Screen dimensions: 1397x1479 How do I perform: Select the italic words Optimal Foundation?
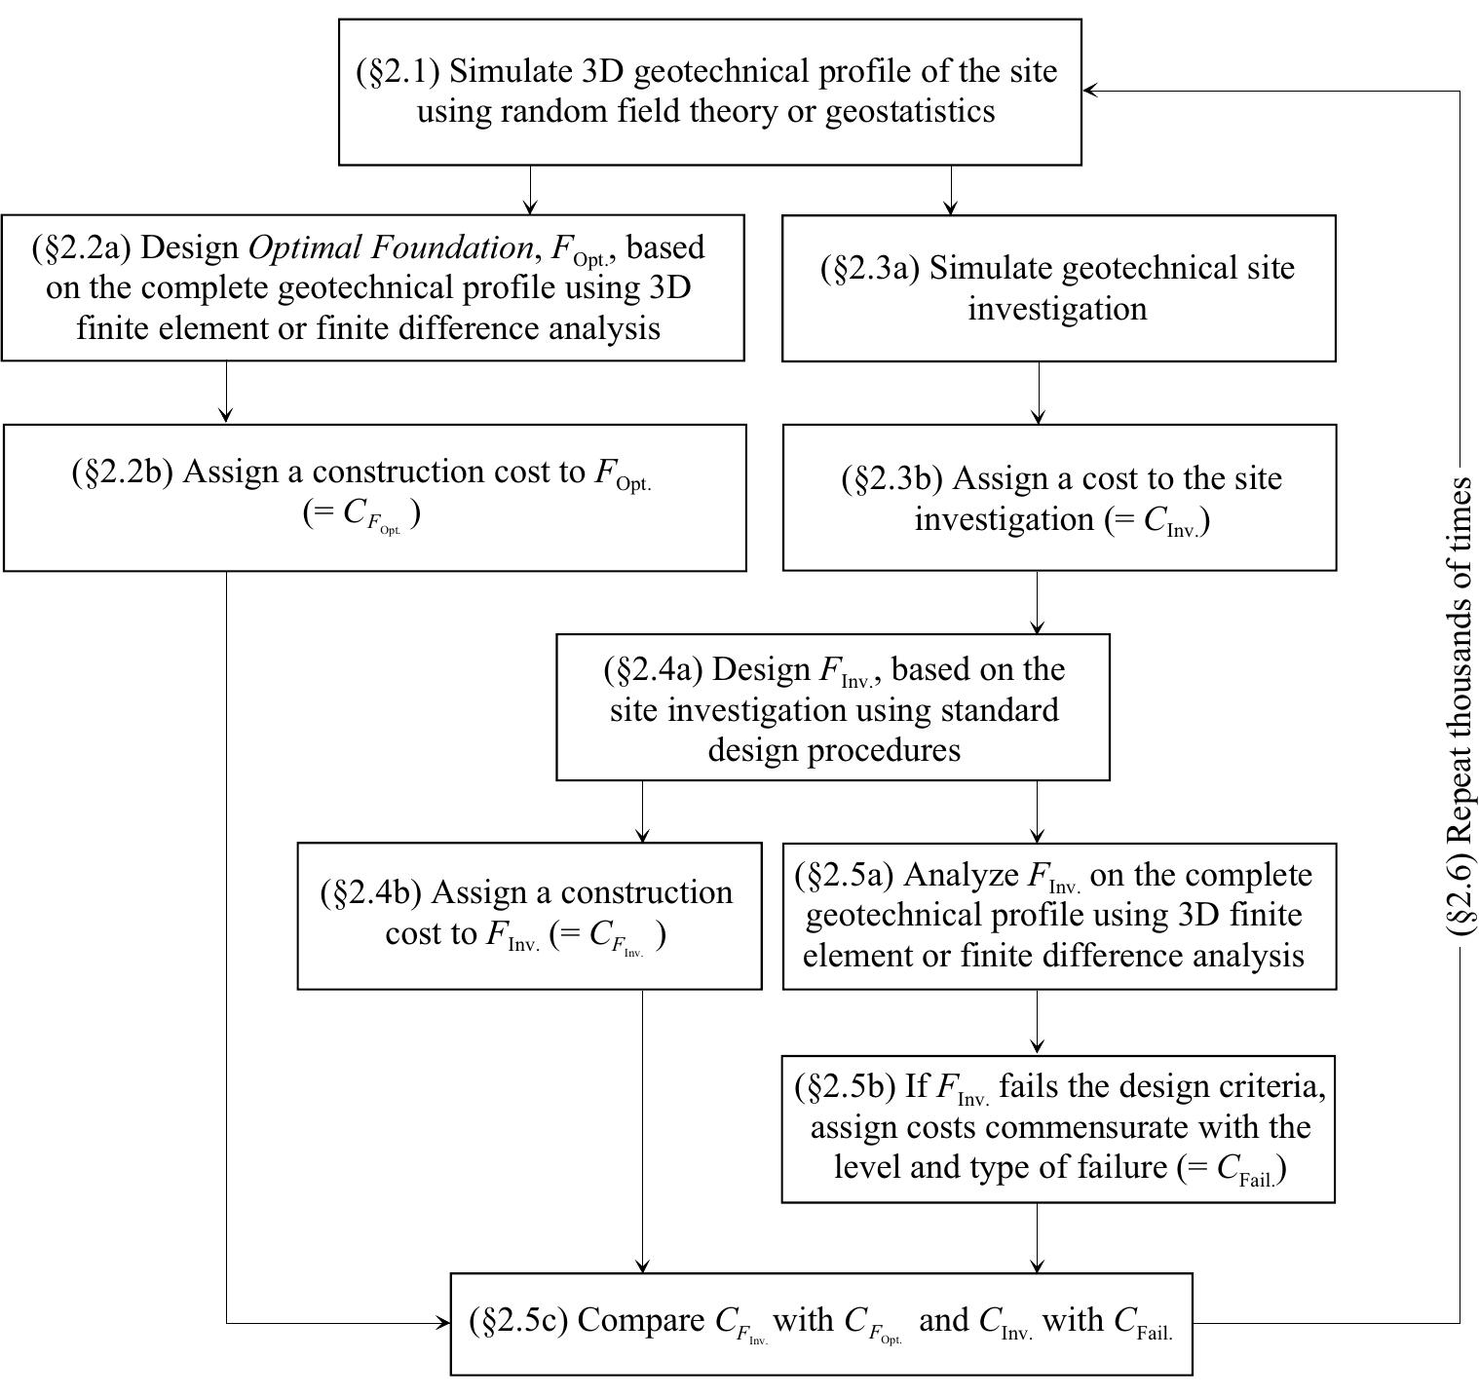point(391,247)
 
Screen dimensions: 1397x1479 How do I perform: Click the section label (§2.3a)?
point(870,268)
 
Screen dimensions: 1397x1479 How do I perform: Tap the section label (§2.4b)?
point(371,892)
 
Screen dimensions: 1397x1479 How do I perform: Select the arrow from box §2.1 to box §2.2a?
point(530,190)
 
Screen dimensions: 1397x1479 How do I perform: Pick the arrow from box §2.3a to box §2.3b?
point(1039,393)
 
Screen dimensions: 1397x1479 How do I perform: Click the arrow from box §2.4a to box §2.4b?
point(642,812)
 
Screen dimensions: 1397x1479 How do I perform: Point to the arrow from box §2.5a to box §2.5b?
point(1037,1022)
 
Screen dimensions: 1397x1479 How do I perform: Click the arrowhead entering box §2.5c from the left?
point(442,1323)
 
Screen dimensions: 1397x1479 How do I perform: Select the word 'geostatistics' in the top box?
point(910,111)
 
